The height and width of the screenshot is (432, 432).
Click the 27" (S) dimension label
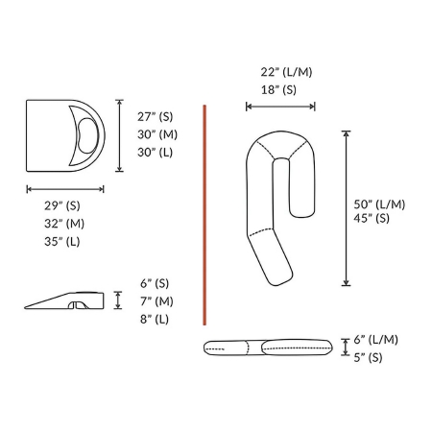pyautogui.click(x=156, y=117)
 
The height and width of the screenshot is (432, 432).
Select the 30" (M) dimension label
pyautogui.click(x=157, y=134)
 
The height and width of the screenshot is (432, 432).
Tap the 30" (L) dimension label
pyautogui.click(x=156, y=153)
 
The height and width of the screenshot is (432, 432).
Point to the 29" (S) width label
pyautogui.click(x=62, y=205)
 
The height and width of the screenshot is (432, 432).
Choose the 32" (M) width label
pyautogui.click(x=64, y=224)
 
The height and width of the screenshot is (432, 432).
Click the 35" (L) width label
pyautogui.click(x=62, y=241)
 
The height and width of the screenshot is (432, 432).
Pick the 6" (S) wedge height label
pyautogui.click(x=155, y=283)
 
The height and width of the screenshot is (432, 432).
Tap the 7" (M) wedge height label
pyautogui.click(x=156, y=301)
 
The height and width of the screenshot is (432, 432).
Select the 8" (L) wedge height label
pyautogui.click(x=155, y=319)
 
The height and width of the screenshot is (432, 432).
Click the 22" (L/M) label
pyautogui.click(x=286, y=72)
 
